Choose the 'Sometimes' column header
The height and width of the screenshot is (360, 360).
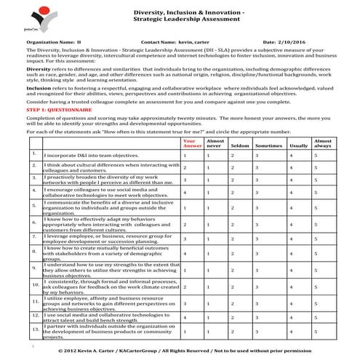tap(268, 145)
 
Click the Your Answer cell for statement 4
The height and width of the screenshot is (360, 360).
tap(185, 191)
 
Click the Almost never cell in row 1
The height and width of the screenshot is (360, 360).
tap(209, 156)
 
